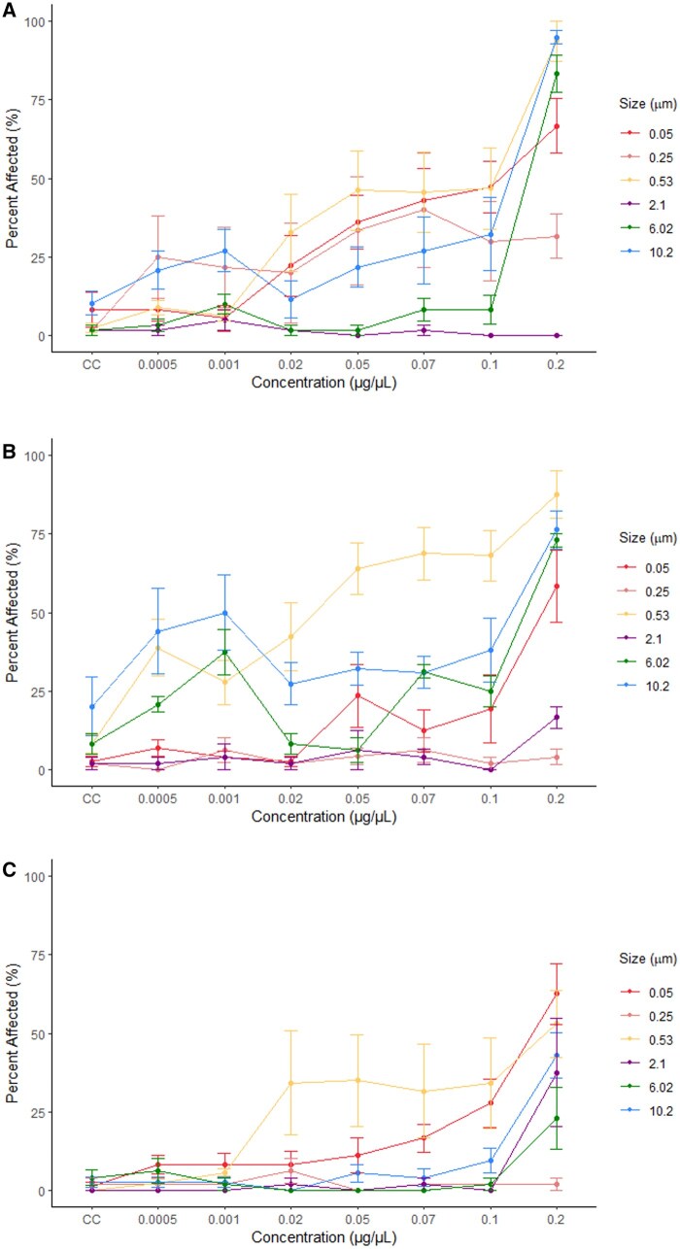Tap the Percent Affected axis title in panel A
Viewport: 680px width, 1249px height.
[x=13, y=179]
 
